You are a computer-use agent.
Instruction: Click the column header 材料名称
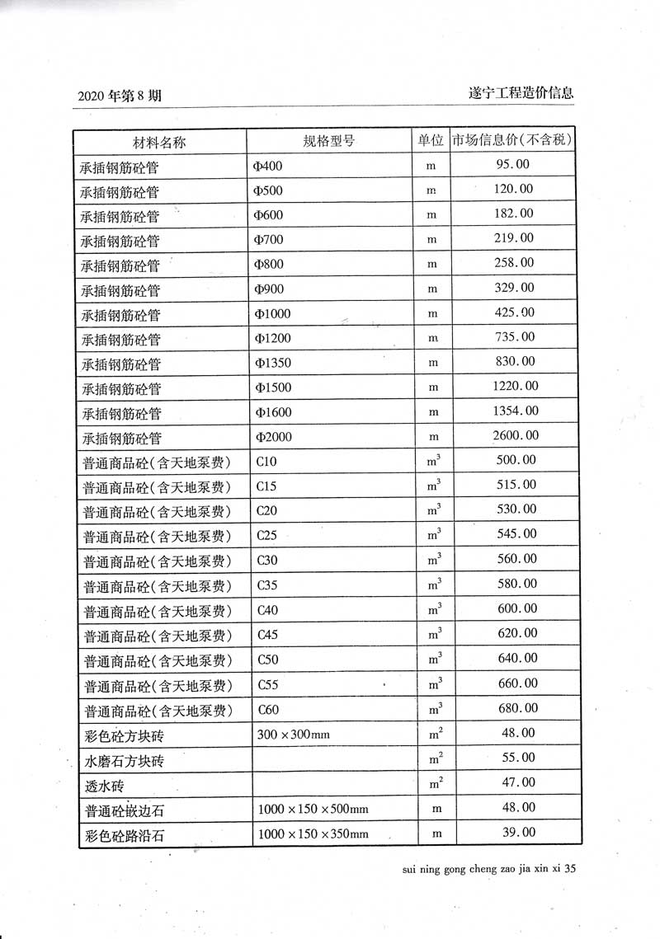(159, 141)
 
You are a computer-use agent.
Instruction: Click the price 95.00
(513, 164)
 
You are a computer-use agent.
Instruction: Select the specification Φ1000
(273, 313)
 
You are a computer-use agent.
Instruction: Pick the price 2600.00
(515, 435)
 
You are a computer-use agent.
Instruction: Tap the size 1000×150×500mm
(313, 809)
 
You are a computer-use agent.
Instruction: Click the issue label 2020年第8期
(120, 96)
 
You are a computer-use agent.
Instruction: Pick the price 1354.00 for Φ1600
(515, 411)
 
